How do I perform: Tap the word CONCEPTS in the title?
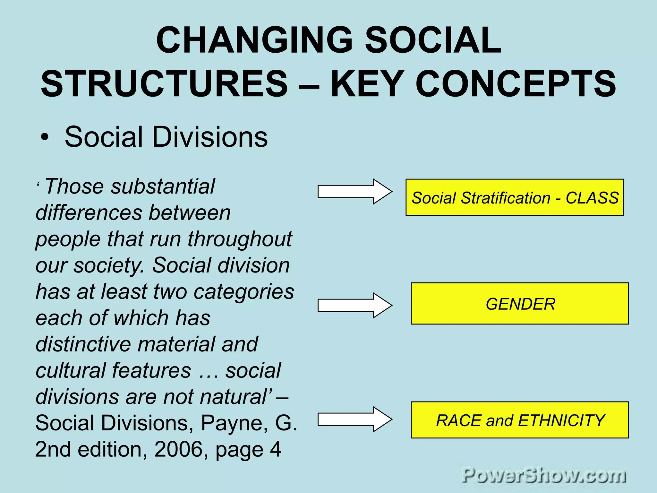click(x=516, y=84)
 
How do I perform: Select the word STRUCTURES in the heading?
click(x=164, y=84)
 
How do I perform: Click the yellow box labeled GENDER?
click(x=520, y=304)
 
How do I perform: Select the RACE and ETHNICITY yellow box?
click(x=520, y=420)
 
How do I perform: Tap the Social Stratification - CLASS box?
click(x=515, y=197)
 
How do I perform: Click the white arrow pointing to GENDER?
click(x=354, y=305)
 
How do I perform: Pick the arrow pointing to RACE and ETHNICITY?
click(x=354, y=419)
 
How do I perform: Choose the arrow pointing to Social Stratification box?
click(x=354, y=192)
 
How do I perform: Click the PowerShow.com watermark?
click(x=544, y=475)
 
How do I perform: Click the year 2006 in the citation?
click(x=179, y=449)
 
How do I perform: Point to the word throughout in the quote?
click(x=240, y=239)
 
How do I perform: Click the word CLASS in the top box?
click(x=592, y=198)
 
